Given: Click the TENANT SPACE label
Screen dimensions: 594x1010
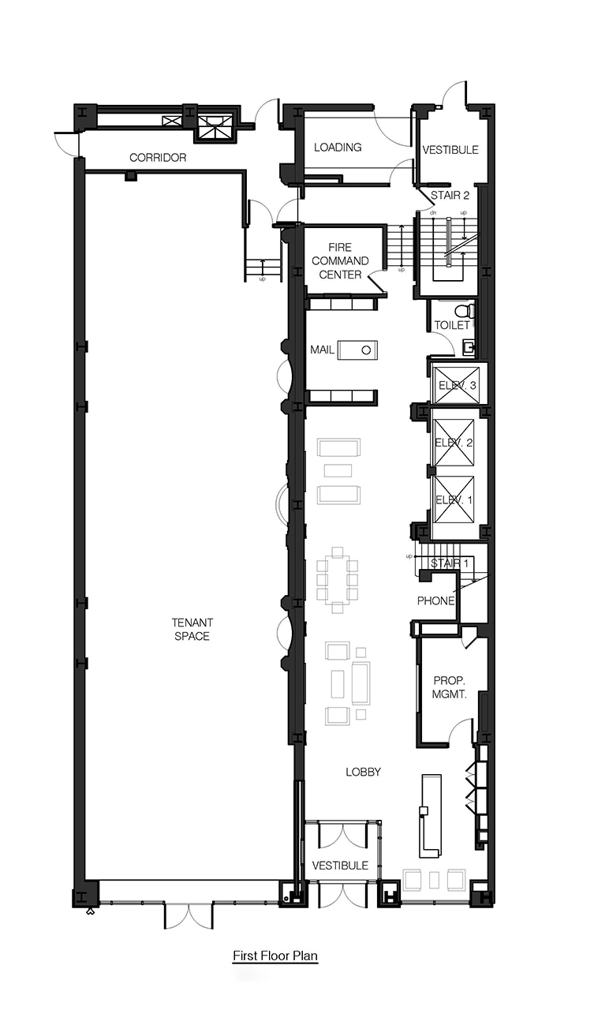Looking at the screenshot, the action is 192,629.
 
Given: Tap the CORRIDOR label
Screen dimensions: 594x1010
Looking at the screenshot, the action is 158,157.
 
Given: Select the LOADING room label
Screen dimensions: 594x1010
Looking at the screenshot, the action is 338,147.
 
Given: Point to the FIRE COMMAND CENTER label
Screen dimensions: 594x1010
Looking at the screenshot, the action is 340,260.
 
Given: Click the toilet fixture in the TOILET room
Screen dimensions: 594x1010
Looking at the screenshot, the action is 464,310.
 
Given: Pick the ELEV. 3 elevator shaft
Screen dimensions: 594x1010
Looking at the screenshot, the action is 456,385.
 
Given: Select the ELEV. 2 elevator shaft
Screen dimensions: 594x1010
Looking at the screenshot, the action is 453,443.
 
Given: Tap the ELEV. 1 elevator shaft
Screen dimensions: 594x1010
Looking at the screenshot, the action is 453,499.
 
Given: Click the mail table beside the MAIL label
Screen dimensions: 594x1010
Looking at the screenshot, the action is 357,350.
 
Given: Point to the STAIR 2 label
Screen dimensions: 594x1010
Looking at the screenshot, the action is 450,195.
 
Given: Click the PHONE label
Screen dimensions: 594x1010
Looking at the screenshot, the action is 435,600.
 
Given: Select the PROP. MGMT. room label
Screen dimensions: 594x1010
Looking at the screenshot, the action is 449,687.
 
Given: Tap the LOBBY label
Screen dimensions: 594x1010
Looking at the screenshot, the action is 363,772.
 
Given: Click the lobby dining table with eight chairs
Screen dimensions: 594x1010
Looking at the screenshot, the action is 337,580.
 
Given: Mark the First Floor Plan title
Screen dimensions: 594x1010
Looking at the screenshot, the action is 275,956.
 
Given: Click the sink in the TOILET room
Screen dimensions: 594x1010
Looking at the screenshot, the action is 469,346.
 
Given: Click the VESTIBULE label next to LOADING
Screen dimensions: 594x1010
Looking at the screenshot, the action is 450,150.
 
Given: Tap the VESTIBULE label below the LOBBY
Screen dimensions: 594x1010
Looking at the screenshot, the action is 340,866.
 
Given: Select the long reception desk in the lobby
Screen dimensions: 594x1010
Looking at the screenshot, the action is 429,816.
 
